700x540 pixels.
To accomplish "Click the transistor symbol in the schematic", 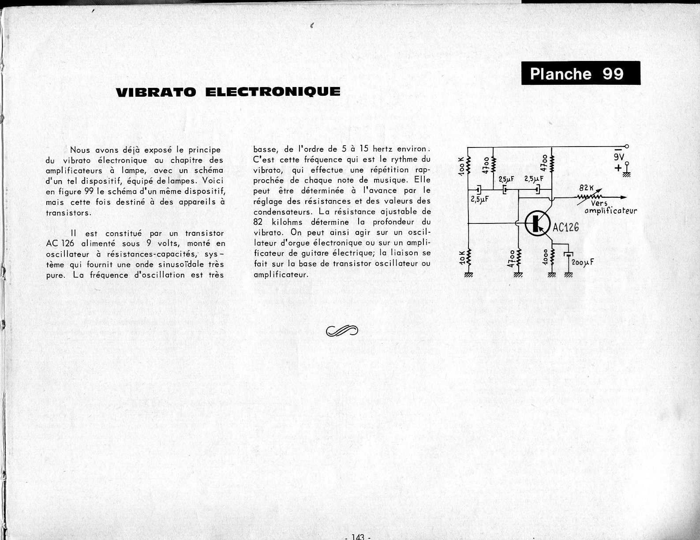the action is [537, 223].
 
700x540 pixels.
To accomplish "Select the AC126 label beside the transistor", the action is [565, 227].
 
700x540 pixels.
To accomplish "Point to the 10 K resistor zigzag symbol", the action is [469, 258].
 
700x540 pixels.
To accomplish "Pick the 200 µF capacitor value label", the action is [582, 262].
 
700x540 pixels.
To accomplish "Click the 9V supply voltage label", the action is [619, 156].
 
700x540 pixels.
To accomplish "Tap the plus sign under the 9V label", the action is [618, 168].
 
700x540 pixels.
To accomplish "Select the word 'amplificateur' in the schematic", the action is [610, 211].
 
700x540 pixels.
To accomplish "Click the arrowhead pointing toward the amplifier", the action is [623, 197].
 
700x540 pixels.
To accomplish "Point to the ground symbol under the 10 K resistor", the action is [469, 275].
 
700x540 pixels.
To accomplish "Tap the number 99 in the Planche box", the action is [613, 73].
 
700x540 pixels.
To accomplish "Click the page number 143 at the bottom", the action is [358, 536].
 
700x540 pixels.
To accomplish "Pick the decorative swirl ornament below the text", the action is [342, 330].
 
